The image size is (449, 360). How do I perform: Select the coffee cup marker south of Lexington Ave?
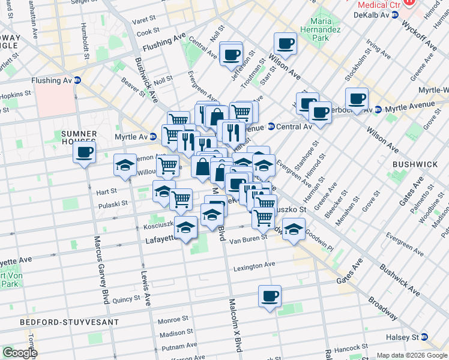point(270,296)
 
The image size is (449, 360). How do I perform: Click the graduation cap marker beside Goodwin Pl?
point(294,230)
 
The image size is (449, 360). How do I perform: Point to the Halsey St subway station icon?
point(424,337)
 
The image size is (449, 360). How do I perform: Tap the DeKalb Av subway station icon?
point(394,14)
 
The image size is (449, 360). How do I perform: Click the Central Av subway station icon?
point(271,127)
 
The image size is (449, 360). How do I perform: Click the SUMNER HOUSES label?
point(79,137)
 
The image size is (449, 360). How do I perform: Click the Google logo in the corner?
point(20,353)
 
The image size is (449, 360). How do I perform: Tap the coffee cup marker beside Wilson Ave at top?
point(285,43)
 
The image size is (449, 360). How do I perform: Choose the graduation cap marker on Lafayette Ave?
point(186,227)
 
